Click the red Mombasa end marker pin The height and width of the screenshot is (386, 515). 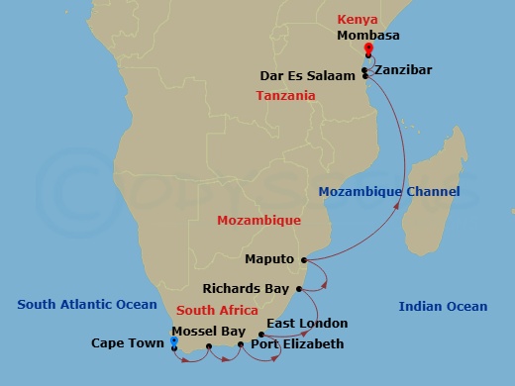coord(367,49)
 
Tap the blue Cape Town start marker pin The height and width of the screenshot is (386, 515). coord(173,341)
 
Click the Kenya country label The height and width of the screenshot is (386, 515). coord(358,19)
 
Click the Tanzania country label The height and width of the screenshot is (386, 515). coord(285,96)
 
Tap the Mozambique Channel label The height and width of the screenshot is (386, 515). coord(389,191)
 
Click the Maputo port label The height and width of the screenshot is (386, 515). coord(269,259)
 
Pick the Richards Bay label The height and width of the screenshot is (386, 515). coord(247,289)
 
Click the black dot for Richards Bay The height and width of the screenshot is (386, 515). coord(298,289)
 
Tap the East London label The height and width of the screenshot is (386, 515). coord(308,323)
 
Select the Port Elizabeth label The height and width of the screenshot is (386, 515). coord(297,344)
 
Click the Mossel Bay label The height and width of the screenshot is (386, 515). coord(208,330)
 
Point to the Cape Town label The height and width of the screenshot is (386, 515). coord(128,344)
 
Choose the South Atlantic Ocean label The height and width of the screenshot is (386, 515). coord(87,305)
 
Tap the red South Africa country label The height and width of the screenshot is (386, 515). coord(217,310)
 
